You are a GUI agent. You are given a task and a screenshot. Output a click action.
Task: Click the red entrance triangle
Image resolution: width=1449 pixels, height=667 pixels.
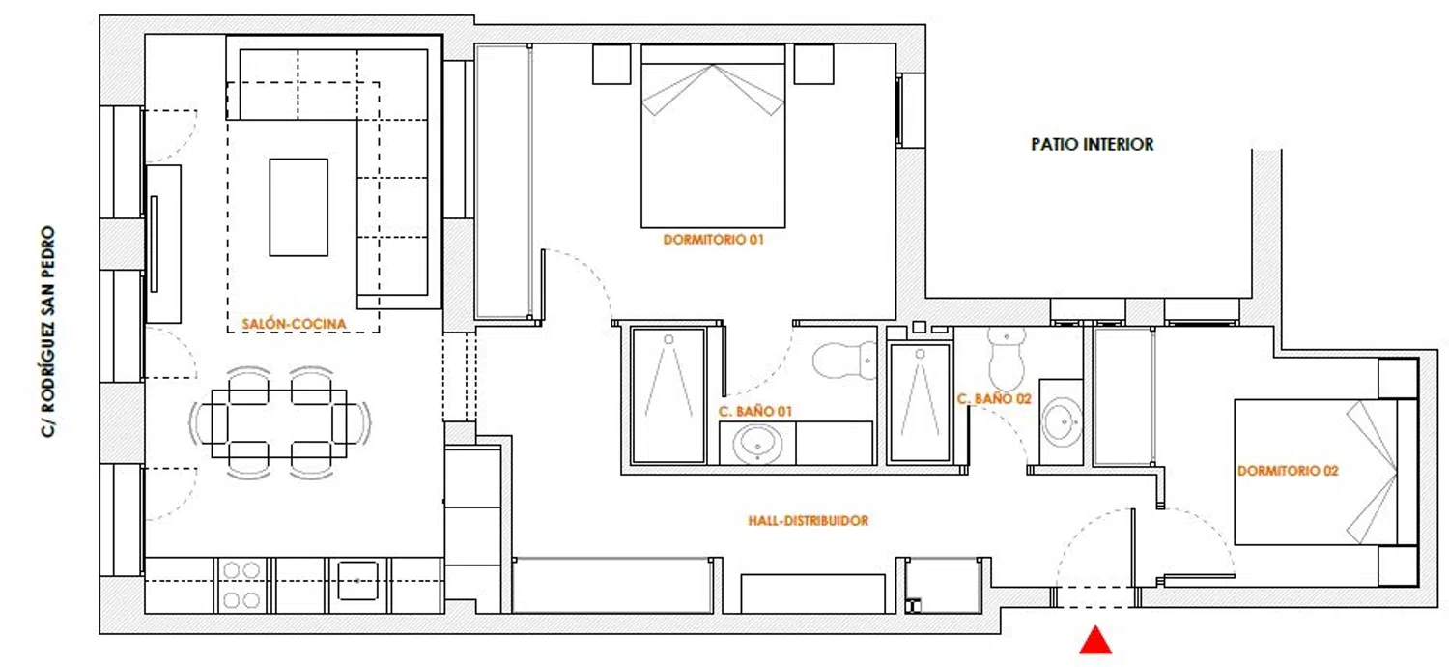(1095, 640)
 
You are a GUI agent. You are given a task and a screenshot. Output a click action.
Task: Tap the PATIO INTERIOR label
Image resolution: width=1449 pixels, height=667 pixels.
(1092, 144)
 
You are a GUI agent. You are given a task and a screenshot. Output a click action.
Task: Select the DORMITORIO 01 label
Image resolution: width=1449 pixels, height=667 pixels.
(714, 240)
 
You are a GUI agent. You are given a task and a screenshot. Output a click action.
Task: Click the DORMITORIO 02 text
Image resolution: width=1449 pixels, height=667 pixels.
(1288, 471)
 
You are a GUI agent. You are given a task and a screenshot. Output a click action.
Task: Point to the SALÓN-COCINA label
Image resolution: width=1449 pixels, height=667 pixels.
(294, 324)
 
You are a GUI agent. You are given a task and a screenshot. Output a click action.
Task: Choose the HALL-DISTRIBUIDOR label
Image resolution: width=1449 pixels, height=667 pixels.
(808, 521)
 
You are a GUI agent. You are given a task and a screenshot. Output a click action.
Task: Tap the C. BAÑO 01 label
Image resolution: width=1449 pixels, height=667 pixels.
(754, 411)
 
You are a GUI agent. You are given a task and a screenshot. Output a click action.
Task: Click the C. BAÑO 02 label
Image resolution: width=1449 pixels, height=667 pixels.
(994, 399)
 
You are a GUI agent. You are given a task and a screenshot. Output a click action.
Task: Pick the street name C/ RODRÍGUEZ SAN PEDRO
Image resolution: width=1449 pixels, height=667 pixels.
(48, 332)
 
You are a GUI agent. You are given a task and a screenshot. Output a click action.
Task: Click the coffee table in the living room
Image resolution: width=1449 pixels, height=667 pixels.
(298, 207)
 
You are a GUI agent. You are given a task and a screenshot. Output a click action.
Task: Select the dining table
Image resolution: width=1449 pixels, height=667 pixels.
(279, 423)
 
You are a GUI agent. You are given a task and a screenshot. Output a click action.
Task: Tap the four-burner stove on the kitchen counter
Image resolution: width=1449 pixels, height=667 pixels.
(241, 586)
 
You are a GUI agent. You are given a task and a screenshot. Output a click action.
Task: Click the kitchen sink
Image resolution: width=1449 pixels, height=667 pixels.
(357, 581)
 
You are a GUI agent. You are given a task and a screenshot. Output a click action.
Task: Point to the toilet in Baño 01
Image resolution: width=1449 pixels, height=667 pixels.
(844, 361)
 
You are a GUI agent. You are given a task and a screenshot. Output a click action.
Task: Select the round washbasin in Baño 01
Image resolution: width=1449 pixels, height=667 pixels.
(756, 445)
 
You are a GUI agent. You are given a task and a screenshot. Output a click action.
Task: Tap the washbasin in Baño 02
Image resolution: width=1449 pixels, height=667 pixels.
(1062, 421)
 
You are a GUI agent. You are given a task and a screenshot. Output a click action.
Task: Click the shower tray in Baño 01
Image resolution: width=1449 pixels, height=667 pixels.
(668, 395)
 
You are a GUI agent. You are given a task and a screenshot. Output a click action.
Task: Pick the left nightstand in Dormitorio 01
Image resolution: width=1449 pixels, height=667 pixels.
(611, 64)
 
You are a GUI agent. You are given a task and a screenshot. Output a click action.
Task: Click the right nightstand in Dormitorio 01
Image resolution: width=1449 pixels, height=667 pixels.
(813, 64)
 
